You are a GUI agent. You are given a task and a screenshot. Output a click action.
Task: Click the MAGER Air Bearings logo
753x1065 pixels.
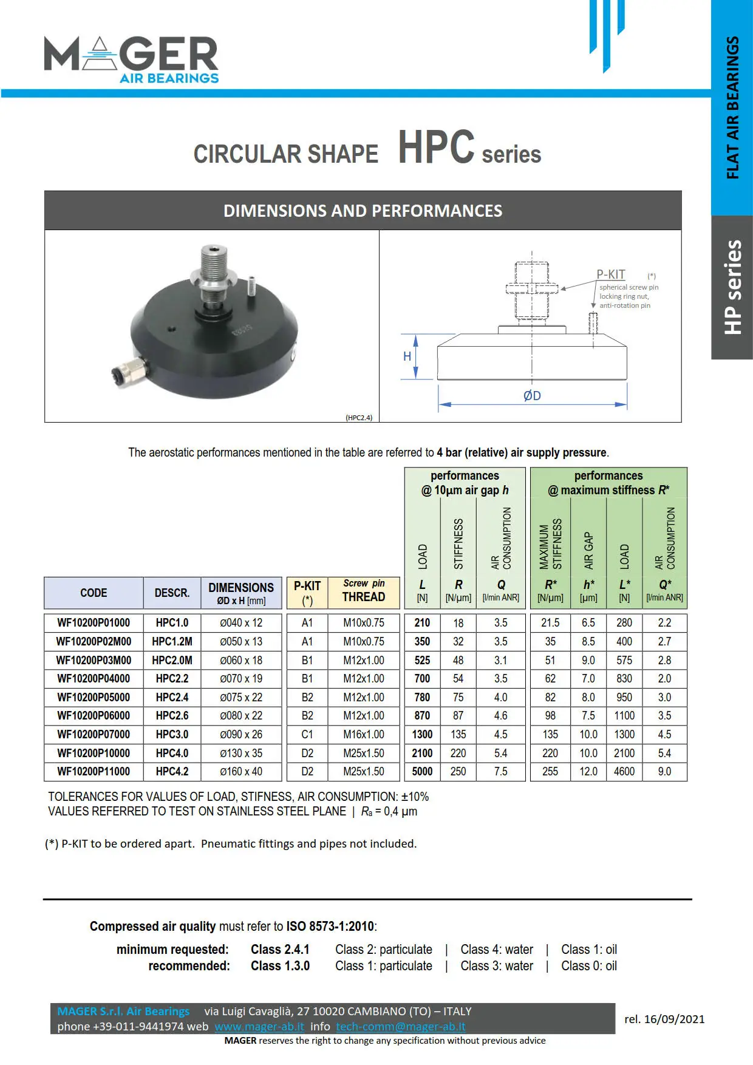(131, 59)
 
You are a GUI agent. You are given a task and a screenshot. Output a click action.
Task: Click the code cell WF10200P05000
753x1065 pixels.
(94, 697)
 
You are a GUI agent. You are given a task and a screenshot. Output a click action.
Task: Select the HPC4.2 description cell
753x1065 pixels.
(172, 771)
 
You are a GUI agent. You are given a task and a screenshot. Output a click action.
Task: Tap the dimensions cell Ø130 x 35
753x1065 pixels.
(241, 753)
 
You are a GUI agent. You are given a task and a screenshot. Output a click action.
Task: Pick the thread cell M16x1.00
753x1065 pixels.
(363, 734)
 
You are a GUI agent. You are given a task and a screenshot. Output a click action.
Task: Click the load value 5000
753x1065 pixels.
(422, 771)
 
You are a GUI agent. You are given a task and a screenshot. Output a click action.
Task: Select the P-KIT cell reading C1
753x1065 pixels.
(307, 734)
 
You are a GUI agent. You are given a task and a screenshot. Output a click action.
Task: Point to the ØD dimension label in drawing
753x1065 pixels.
(532, 396)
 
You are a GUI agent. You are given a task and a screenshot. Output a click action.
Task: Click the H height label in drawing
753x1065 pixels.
(407, 356)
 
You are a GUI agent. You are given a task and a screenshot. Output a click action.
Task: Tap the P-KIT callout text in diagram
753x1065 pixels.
(610, 274)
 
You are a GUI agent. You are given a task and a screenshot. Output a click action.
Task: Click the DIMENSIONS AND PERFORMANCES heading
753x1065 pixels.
(363, 211)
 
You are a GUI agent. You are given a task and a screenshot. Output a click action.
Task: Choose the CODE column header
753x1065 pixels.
(94, 593)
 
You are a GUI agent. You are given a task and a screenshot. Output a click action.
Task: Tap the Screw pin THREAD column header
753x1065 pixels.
(363, 591)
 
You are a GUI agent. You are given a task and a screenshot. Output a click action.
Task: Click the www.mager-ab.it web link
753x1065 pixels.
(259, 1026)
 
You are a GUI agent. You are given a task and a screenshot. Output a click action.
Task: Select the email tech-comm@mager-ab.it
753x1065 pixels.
(401, 1026)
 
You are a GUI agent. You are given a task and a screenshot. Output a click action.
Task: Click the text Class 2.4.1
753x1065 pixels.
(280, 949)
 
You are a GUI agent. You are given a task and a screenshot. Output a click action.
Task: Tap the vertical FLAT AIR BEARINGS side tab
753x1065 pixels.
(732, 108)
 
